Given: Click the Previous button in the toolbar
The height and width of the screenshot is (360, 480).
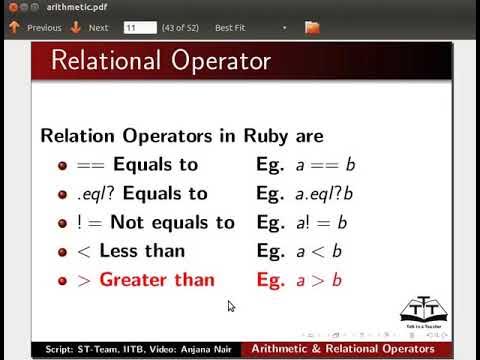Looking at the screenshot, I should coord(37,28).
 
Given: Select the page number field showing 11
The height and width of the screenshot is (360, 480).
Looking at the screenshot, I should coord(139,28).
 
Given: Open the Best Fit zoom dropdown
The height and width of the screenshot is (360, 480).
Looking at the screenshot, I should coord(250,28).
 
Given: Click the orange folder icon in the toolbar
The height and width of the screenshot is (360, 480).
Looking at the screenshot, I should coord(312,28).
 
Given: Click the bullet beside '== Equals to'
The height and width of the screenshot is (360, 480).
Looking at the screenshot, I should coord(62,165).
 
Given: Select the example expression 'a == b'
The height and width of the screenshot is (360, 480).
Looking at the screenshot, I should coord(316,165).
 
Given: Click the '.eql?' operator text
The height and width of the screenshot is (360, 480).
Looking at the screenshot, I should coord(92,193).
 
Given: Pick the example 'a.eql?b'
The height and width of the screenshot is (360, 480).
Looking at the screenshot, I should coord(322,193).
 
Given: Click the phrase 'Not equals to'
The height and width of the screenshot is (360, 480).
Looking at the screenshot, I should coord(172,222).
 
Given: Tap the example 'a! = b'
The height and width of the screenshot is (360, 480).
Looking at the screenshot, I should coord(318,222).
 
